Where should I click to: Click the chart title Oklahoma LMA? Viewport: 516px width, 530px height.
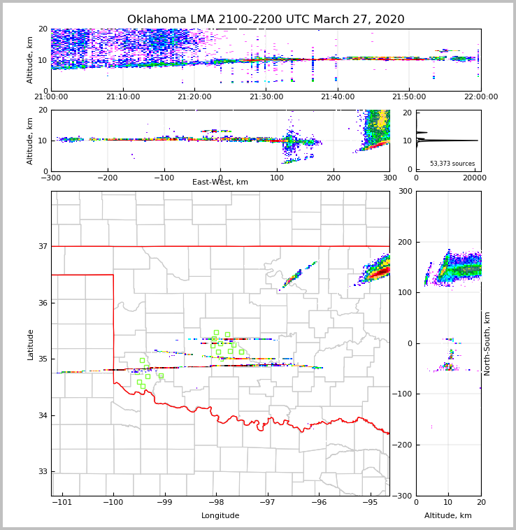pos(266,20)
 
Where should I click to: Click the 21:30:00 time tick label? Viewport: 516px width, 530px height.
pos(266,97)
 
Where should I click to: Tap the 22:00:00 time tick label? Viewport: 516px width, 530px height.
pos(480,97)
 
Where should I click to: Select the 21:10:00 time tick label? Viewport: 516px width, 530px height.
pos(123,97)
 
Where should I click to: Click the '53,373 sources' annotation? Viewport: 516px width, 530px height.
pos(452,164)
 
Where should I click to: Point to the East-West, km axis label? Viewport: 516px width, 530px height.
pos(220,182)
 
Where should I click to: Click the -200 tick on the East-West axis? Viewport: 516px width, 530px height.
pos(107,178)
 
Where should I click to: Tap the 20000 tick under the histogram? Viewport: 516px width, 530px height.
pos(475,178)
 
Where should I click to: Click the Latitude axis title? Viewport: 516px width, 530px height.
pos(31,344)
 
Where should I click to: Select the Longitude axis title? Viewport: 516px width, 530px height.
pos(220,516)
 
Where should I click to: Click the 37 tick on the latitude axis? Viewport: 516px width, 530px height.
pos(42,246)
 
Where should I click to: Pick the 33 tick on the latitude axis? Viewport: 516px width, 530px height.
pos(42,472)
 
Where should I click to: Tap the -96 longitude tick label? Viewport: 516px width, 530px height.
pos(319,503)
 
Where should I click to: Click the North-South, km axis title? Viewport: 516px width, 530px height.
pos(487,343)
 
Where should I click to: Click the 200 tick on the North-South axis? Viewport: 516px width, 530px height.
pos(405,242)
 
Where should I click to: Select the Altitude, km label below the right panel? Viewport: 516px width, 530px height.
pos(448,516)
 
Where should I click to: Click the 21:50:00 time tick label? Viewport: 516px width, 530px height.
pos(409,97)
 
